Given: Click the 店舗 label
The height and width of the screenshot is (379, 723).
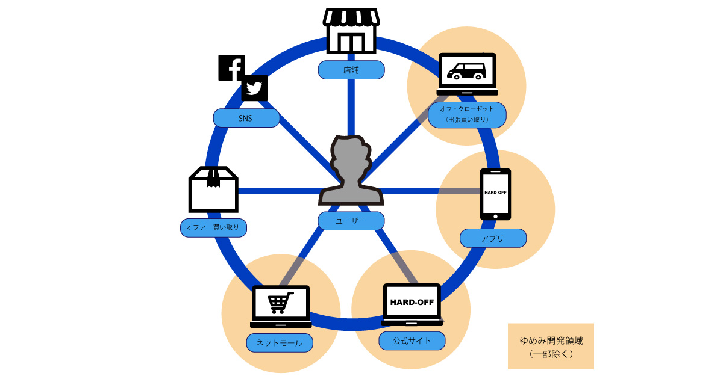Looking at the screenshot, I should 351,70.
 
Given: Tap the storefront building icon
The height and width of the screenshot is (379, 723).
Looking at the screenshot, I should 351,31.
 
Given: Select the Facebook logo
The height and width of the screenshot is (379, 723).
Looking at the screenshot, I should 231,67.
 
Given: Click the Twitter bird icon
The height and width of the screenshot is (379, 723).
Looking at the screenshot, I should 255,89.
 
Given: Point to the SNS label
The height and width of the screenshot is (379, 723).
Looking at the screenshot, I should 246,118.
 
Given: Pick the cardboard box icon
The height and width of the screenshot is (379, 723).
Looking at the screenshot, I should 213,189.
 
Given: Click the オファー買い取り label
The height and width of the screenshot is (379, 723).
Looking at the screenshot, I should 214,227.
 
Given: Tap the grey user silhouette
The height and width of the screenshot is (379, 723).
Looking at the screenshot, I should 351,171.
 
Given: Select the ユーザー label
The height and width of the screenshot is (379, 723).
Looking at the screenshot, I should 351,221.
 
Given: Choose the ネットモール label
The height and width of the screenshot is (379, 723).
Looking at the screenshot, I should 280,343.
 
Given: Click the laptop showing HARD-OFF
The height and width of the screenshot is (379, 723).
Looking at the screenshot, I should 412,304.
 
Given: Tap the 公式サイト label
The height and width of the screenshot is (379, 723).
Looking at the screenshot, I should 412,340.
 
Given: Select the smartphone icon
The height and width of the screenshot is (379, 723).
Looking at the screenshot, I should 495,194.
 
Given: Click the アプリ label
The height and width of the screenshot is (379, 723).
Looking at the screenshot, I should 493,238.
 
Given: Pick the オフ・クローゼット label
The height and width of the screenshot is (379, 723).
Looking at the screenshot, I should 468,114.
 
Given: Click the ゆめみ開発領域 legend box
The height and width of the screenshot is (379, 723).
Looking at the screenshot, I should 551,346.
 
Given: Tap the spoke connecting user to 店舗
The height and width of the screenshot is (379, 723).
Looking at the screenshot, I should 351,105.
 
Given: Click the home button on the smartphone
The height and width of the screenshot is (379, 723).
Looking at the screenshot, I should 495,215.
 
